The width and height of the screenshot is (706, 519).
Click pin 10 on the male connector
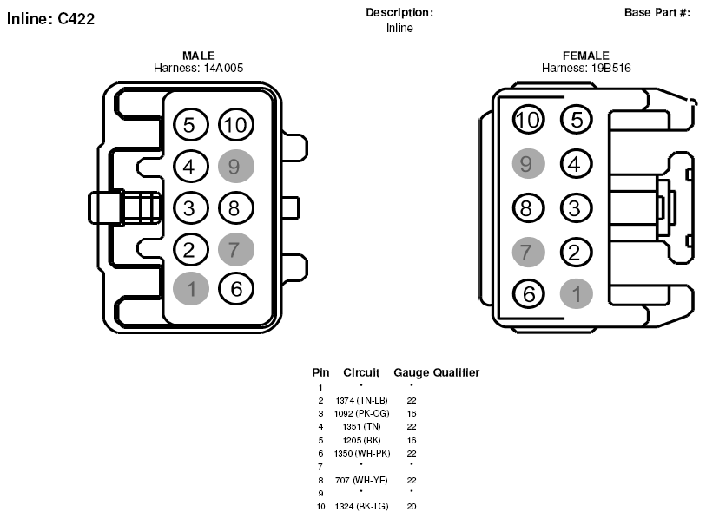(236, 125)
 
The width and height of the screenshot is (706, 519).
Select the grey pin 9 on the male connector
(236, 166)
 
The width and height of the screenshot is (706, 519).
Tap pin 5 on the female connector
(577, 119)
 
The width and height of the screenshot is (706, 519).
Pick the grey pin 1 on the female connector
(577, 294)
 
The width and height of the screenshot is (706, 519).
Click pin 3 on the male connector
(190, 208)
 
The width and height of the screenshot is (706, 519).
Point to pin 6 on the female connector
(529, 294)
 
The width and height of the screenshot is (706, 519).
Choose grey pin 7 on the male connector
(236, 249)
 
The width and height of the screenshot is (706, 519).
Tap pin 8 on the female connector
(529, 208)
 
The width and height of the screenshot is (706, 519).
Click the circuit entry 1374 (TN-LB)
(361, 400)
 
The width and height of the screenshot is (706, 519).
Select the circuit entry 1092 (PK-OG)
(361, 413)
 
